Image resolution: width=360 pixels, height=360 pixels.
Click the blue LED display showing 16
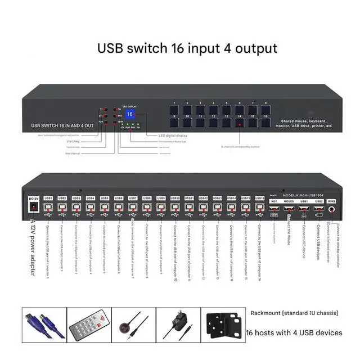[130, 114]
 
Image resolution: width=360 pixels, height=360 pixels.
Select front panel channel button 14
[239, 122]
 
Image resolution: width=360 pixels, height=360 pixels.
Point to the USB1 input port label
[48, 198]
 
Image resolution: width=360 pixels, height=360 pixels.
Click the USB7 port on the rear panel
[133, 208]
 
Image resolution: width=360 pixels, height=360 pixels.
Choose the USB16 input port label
[259, 198]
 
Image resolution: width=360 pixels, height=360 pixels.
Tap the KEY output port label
[274, 201]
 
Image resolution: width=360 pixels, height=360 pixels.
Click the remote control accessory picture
[89, 325]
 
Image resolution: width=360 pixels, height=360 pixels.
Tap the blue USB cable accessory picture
[43, 325]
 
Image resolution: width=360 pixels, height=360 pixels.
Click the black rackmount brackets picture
[222, 325]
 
